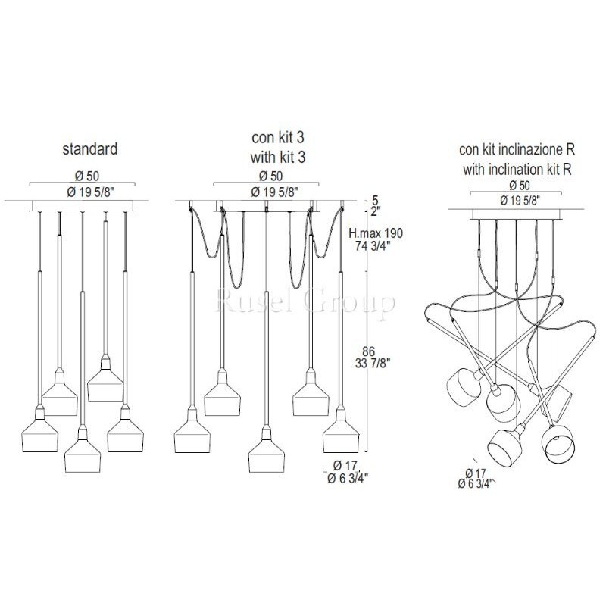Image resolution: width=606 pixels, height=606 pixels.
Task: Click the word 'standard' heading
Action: pyautogui.click(x=90, y=148)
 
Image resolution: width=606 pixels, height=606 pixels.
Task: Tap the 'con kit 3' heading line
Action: pyautogui.click(x=278, y=137)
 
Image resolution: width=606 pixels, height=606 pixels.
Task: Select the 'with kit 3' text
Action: pyautogui.click(x=278, y=158)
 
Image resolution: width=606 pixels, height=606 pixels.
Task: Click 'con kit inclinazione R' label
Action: pyautogui.click(x=517, y=149)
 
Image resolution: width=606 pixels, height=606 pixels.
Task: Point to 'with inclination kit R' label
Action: pyautogui.click(x=517, y=169)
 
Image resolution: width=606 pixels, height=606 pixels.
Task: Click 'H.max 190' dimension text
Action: pyautogui.click(x=376, y=233)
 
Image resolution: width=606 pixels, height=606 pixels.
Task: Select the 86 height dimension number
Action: pyautogui.click(x=369, y=351)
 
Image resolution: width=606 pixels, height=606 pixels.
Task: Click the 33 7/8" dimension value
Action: pyautogui.click(x=373, y=364)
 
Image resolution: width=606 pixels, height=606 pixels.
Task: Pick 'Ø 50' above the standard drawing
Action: pyautogui.click(x=87, y=176)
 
